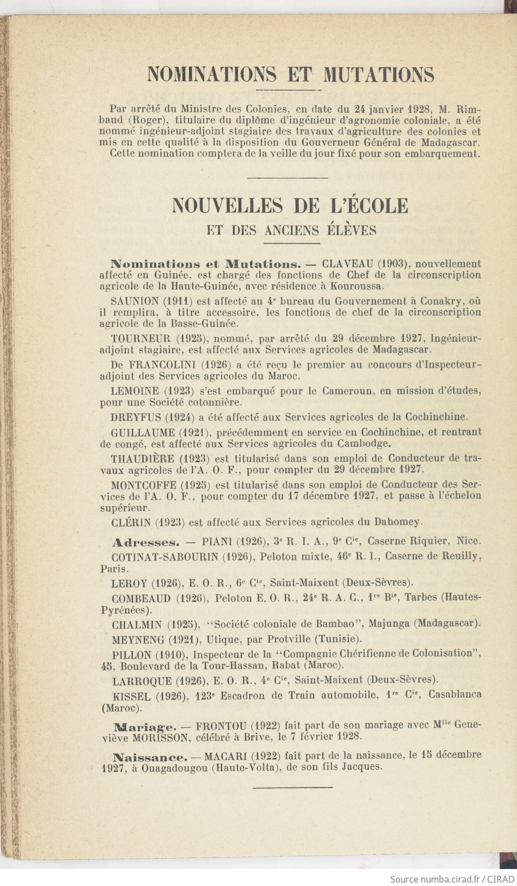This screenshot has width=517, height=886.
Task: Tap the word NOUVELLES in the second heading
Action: pos(227,205)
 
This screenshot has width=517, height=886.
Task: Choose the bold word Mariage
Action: pos(145,726)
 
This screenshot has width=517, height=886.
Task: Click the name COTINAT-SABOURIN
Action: pos(165,556)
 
